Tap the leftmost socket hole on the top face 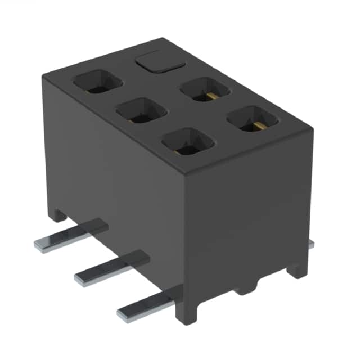(97, 82)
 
